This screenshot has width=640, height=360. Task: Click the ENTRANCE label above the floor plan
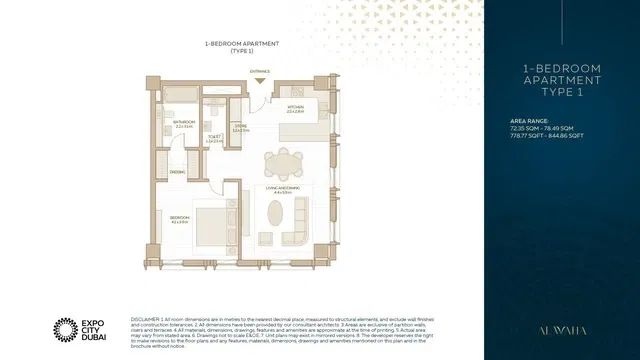point(260,71)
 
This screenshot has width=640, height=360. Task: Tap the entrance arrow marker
point(260,81)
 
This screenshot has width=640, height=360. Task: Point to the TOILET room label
point(213,139)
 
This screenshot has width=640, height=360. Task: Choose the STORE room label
point(240,127)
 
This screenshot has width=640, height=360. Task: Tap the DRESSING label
point(176,172)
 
